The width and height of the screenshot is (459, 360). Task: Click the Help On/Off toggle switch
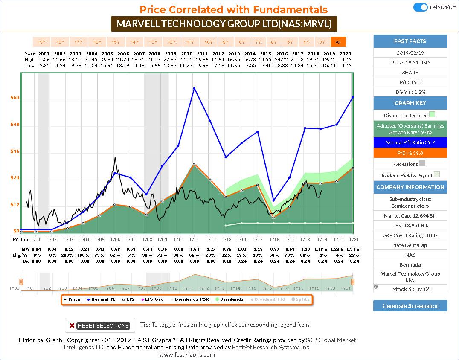pos(421,7)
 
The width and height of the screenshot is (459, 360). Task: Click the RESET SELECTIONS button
pos(100,325)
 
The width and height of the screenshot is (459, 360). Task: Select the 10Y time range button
pos(209,42)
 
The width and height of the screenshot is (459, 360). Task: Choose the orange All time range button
pos(338,42)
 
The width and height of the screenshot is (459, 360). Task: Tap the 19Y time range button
pos(41,42)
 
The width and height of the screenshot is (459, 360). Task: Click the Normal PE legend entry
pos(102,299)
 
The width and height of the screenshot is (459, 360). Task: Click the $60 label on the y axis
pos(15,98)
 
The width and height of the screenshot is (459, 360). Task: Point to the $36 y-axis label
pos(15,151)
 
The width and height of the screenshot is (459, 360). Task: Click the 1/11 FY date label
pos(194,240)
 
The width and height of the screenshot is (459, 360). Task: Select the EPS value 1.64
pos(194,249)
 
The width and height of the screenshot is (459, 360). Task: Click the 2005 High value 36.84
pos(116,60)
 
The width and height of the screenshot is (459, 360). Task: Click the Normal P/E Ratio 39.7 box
pos(410,142)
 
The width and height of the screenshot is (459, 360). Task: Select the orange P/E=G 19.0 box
pos(410,153)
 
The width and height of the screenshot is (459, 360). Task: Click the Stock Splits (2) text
pos(411,289)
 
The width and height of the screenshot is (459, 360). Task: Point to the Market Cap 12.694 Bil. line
pos(410,215)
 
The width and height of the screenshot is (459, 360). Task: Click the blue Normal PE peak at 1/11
pos(194,88)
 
